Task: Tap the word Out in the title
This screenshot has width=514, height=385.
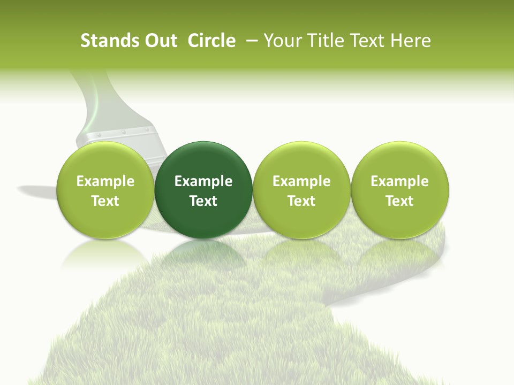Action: (159, 41)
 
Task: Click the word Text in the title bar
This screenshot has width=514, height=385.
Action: (369, 41)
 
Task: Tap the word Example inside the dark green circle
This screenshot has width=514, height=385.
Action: (203, 181)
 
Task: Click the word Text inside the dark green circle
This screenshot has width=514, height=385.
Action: (203, 201)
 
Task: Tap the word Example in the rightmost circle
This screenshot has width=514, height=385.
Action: (400, 181)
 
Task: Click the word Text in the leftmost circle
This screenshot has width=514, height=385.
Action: (105, 201)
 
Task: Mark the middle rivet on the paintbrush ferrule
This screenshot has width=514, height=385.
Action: (122, 131)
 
